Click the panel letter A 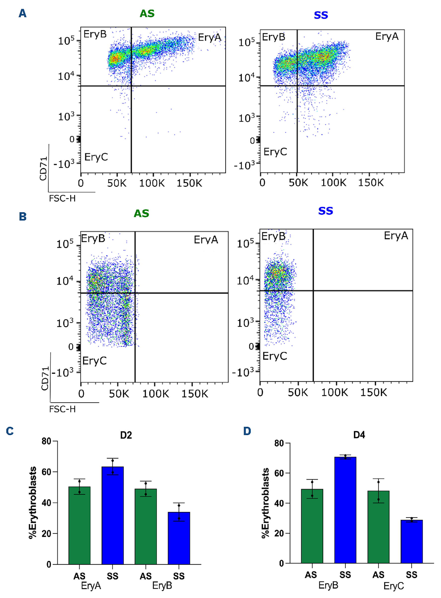pyautogui.click(x=22, y=13)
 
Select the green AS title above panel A pyautogui.click(x=147, y=14)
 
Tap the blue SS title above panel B pyautogui.click(x=325, y=211)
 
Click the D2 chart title pyautogui.click(x=126, y=435)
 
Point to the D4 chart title pyautogui.click(x=359, y=435)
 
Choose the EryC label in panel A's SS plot pyautogui.click(x=275, y=152)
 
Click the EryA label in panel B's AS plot pyautogui.click(x=206, y=240)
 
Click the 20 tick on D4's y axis pyautogui.click(x=279, y=533)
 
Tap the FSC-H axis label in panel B pyautogui.click(x=62, y=409)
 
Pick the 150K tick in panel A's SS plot pyautogui.click(x=370, y=183)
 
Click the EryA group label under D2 pyautogui.click(x=91, y=586)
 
